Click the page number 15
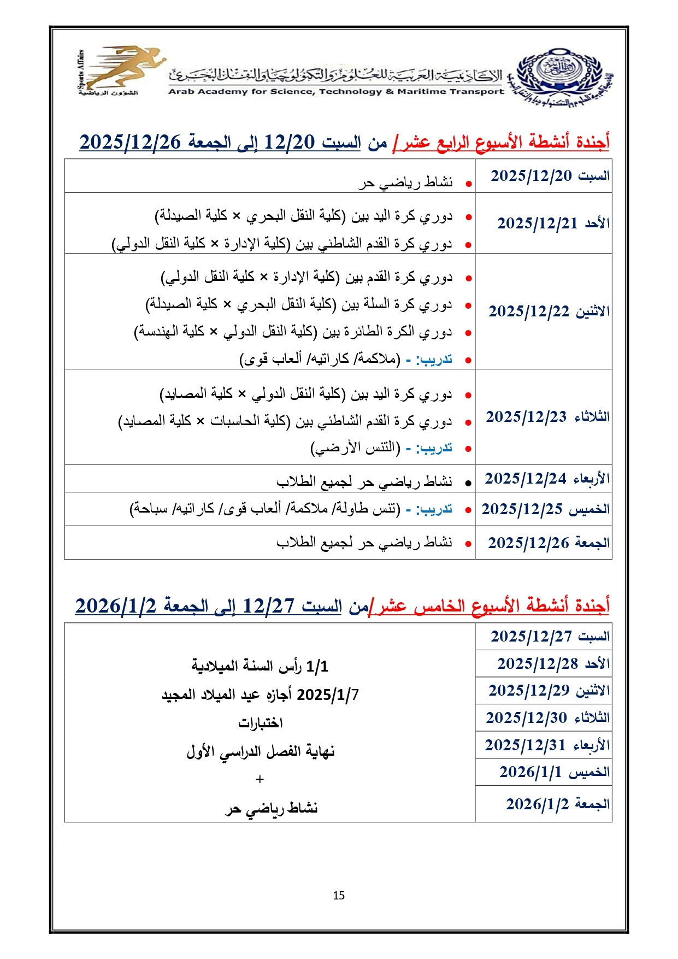[339, 895]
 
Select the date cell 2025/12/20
[544, 176]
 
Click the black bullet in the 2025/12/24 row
[468, 483]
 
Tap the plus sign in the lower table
[260, 779]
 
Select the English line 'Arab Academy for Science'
[335, 92]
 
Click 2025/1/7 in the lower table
[328, 695]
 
